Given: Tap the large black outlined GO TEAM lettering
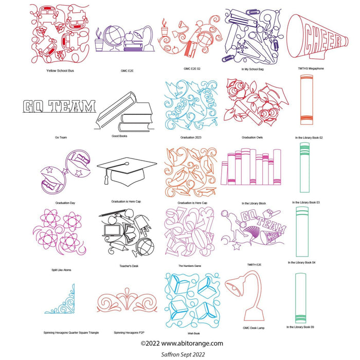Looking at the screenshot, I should pyautogui.click(x=60, y=106).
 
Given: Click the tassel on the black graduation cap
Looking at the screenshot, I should pyautogui.click(x=106, y=179).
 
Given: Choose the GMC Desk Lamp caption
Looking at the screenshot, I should pyautogui.click(x=253, y=328).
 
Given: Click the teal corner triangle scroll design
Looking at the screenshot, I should pyautogui.click(x=60, y=301).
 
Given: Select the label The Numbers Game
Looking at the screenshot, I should pyautogui.click(x=190, y=266).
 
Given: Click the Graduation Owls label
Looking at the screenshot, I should pyautogui.click(x=253, y=137).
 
